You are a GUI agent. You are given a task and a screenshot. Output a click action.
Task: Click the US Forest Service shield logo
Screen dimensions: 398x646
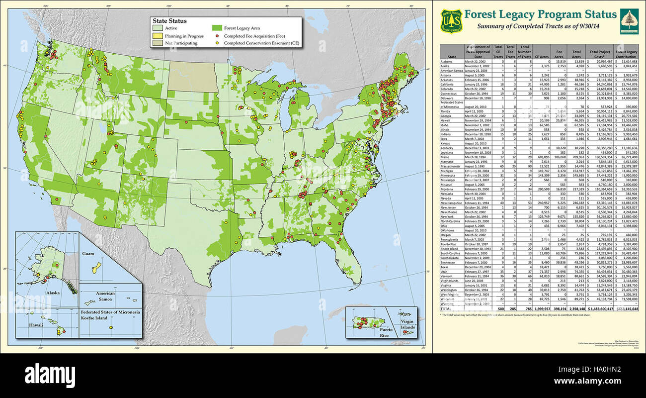tap(452, 20)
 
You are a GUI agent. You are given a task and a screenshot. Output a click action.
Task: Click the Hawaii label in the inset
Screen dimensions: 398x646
tap(35, 324)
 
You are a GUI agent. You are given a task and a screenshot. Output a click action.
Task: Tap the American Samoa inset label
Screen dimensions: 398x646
tap(105, 296)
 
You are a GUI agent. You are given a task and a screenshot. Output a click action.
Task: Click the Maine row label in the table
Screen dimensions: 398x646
tap(446, 157)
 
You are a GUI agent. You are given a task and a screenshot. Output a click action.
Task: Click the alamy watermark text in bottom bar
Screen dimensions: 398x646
tap(50, 374)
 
